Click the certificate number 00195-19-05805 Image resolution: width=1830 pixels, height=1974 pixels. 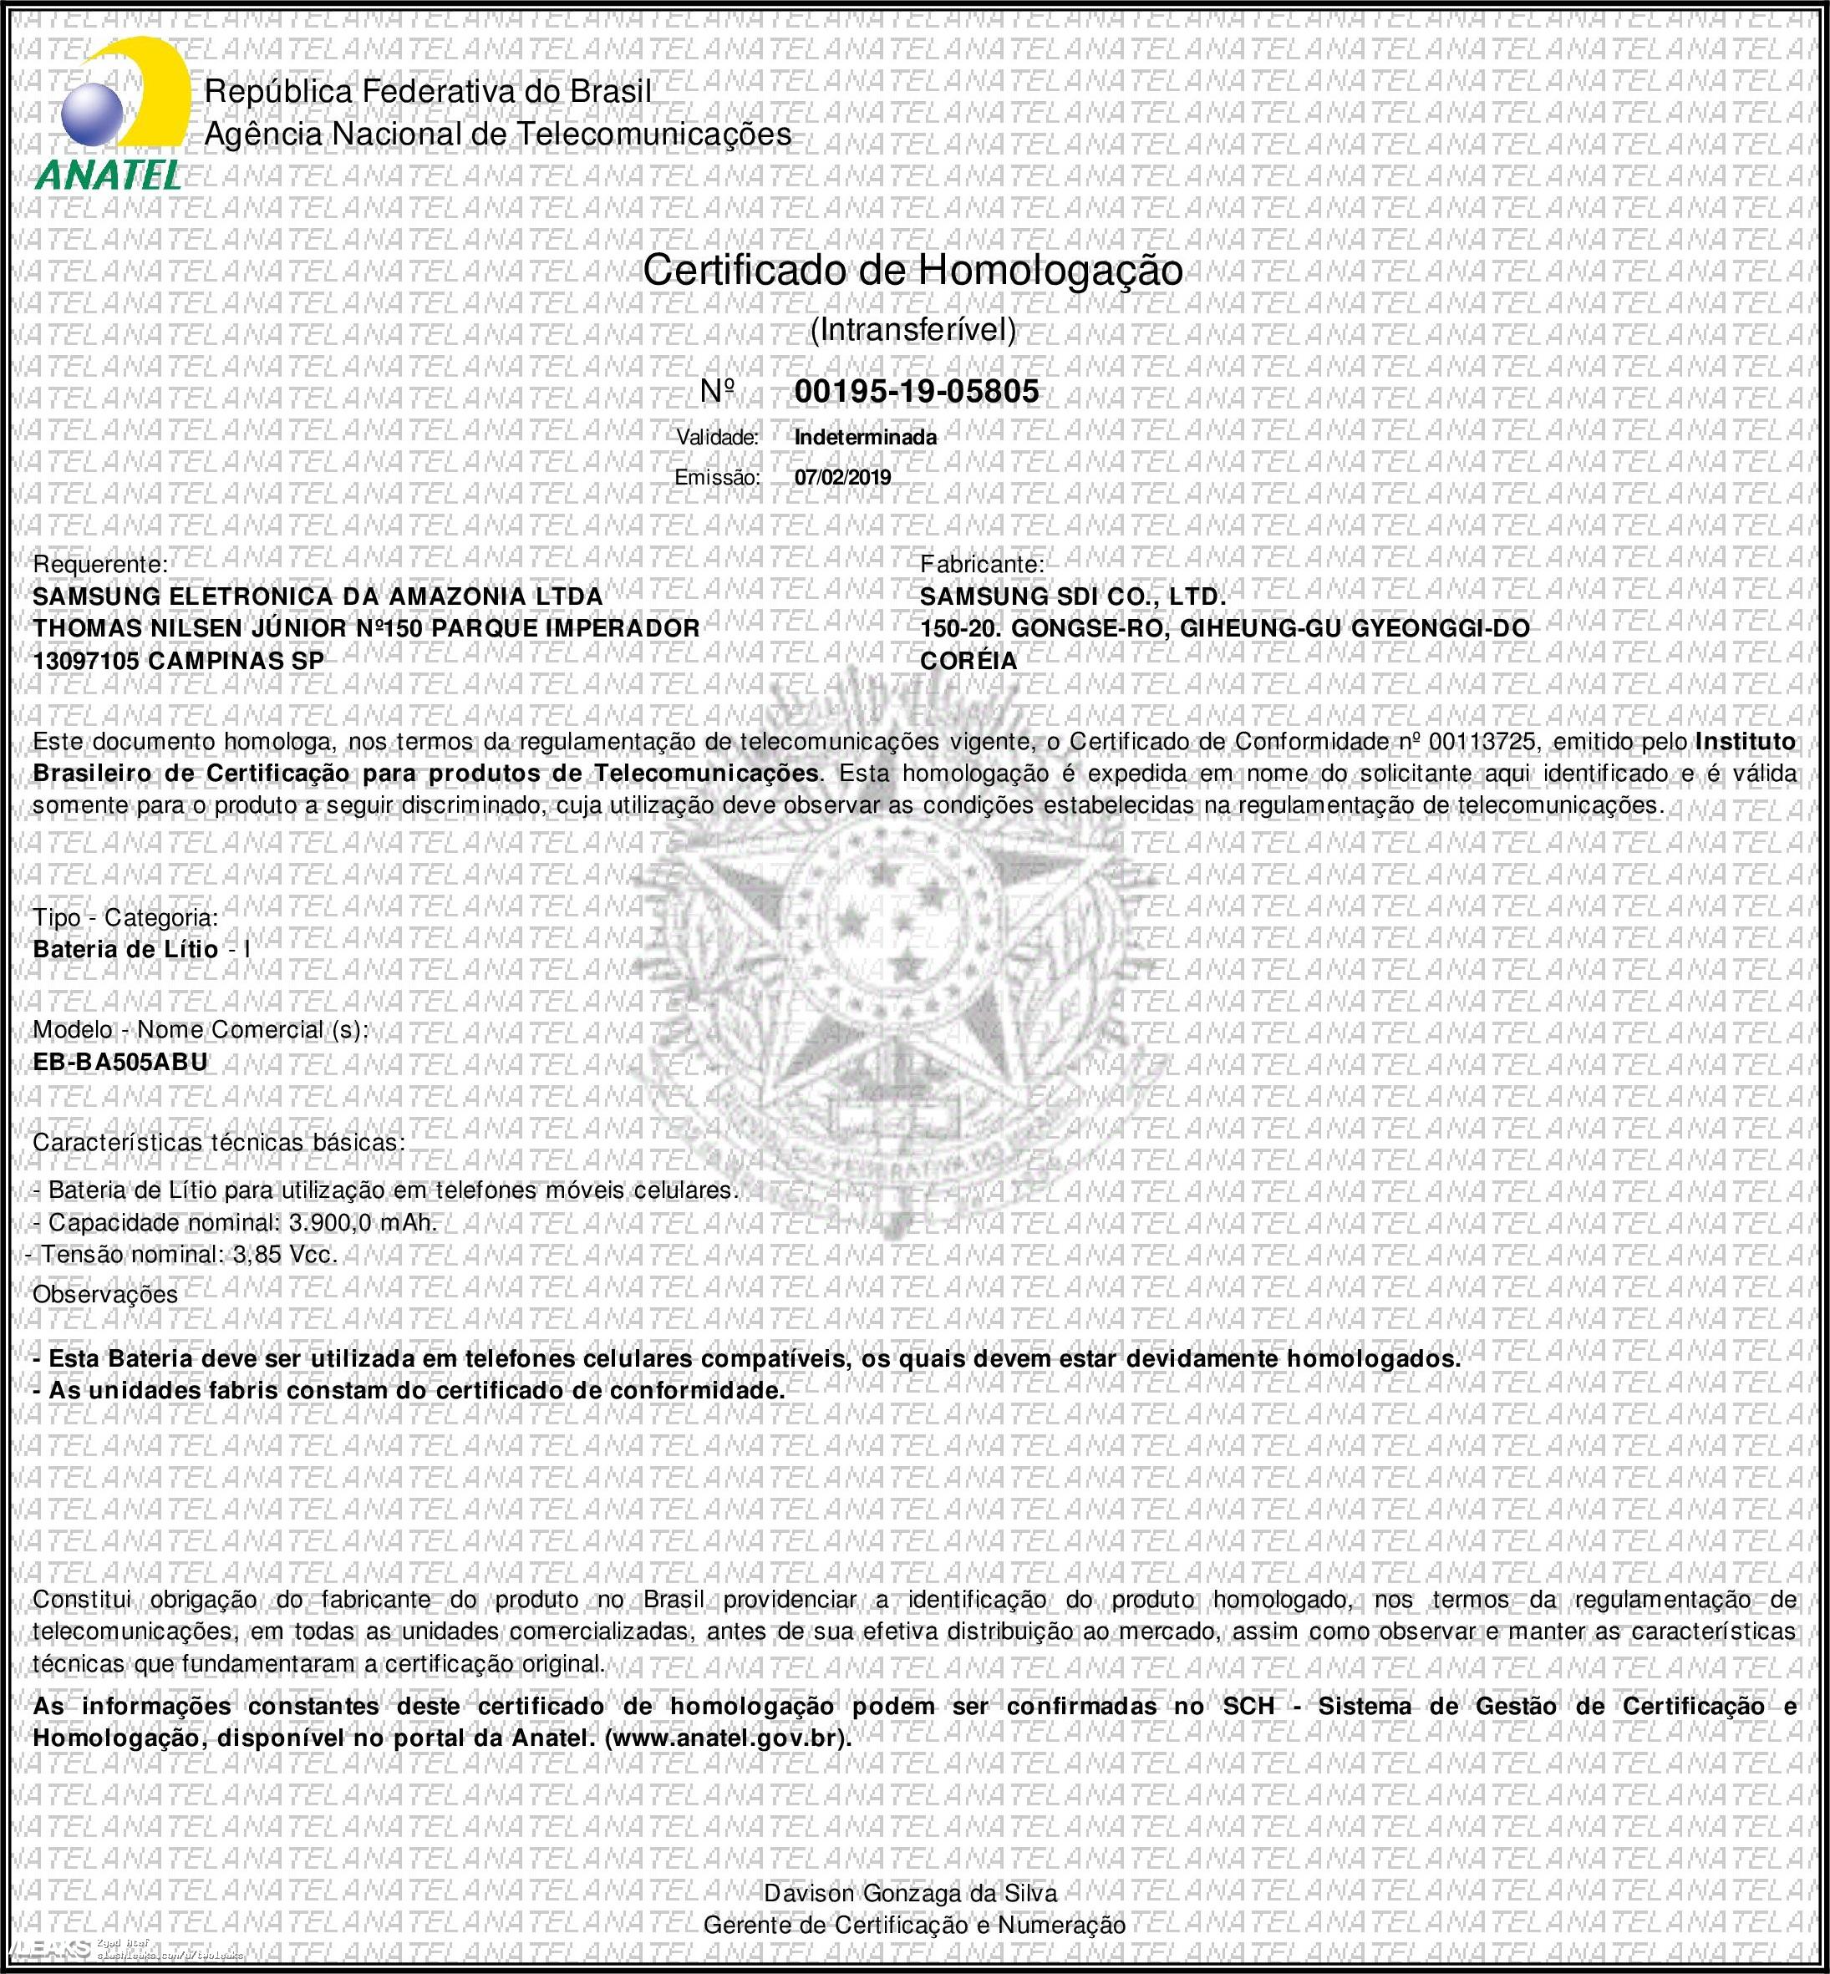point(916,392)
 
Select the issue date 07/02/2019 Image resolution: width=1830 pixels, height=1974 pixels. point(841,477)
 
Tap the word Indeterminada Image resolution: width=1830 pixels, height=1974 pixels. point(866,437)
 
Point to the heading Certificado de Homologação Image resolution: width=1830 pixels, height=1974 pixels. point(912,271)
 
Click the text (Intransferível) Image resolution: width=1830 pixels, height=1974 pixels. point(912,330)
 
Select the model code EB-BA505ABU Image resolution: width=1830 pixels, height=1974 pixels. point(121,1063)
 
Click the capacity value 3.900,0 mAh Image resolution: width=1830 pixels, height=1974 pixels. point(363,1223)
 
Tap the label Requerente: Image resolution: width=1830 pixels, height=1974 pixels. point(100,564)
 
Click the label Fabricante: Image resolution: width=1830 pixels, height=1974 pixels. point(981,564)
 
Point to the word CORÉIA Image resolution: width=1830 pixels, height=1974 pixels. point(968,660)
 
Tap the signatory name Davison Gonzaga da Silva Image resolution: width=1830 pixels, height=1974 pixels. point(910,1893)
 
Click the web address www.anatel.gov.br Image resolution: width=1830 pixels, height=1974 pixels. point(726,1738)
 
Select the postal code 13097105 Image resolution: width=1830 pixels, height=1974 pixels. point(85,660)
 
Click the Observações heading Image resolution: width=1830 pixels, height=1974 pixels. point(105,1295)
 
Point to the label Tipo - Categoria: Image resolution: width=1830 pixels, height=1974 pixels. point(125,918)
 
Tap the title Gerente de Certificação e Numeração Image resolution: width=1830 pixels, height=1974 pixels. point(914,1926)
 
